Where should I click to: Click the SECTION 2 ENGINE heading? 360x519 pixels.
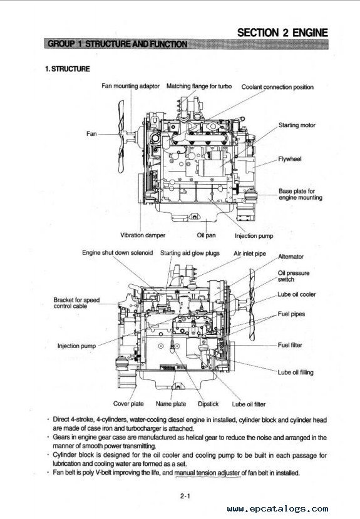[282, 33]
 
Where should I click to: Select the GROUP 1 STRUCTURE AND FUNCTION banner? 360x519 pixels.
[187, 44]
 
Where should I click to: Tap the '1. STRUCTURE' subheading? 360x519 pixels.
[68, 69]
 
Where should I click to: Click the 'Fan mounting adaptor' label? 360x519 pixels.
[130, 86]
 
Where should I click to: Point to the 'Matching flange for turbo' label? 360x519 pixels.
[199, 86]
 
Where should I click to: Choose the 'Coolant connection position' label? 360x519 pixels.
[277, 87]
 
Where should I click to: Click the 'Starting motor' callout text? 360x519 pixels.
[297, 125]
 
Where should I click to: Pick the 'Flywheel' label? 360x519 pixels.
[289, 159]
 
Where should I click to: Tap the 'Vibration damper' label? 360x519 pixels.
[143, 235]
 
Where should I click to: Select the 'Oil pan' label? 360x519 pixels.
[206, 235]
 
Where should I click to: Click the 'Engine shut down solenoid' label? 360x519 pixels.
[118, 252]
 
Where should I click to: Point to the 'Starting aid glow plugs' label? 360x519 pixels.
[190, 253]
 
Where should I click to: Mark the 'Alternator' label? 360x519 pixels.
[291, 257]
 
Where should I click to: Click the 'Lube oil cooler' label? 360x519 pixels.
[297, 294]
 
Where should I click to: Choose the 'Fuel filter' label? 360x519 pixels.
[290, 345]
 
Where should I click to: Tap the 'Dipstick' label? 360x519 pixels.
[208, 404]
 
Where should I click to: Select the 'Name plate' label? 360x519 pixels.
[171, 404]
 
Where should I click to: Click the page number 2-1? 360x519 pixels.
[185, 496]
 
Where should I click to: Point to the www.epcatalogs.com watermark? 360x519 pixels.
[277, 508]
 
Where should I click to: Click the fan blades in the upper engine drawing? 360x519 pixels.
[121, 136]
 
